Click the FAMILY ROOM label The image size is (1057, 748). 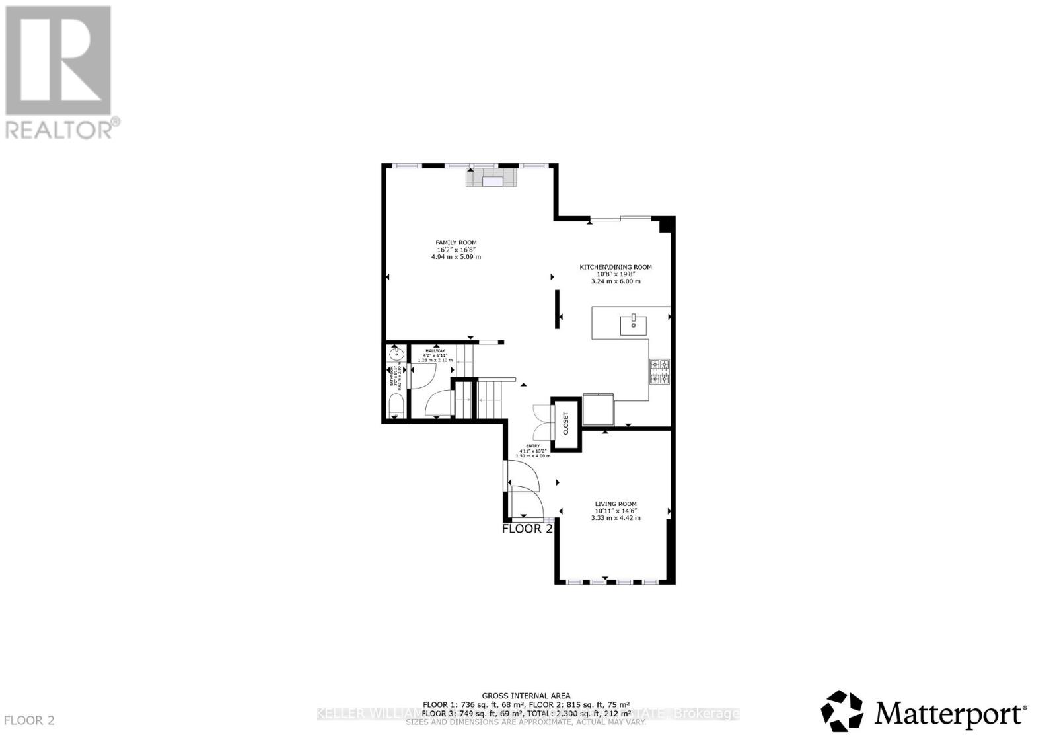coord(456,243)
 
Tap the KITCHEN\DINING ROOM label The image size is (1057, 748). coord(616,267)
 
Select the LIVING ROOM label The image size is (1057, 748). coord(616,504)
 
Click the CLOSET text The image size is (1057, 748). coord(566,424)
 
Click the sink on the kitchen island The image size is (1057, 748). coord(633,324)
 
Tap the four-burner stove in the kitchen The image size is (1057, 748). coord(659,371)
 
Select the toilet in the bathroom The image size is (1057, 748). coord(395,405)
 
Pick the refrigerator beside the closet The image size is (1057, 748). coord(599,410)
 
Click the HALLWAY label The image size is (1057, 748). coord(435,351)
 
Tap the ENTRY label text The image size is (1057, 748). coord(532,446)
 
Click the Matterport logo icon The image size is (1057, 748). coord(842,711)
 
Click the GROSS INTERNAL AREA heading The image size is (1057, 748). coord(526,696)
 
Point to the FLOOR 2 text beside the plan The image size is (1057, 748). coord(527,529)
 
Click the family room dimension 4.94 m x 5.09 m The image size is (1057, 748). coord(456,256)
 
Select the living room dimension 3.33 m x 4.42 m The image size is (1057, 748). coord(616,518)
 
